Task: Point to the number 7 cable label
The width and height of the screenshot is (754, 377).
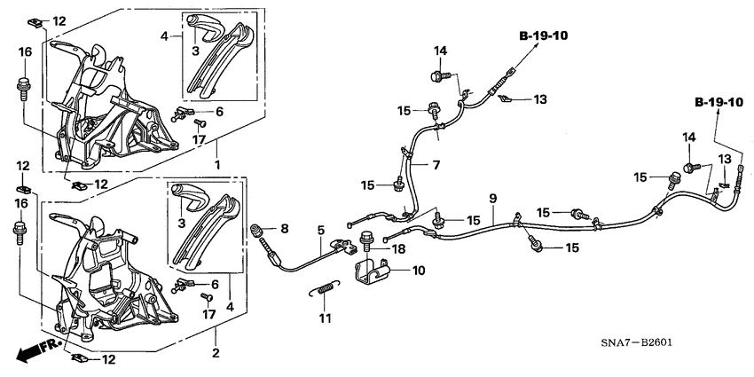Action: [436, 165]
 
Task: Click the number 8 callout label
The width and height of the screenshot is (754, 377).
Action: [285, 229]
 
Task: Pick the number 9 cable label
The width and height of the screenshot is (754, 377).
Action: [492, 197]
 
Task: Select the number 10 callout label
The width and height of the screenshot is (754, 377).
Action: [419, 269]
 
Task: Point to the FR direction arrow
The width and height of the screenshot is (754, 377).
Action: [31, 352]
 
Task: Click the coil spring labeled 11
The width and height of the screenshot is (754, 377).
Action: [326, 287]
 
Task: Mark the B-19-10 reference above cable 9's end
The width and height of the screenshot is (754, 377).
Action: [719, 104]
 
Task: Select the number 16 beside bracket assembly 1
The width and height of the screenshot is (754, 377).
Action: [25, 52]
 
